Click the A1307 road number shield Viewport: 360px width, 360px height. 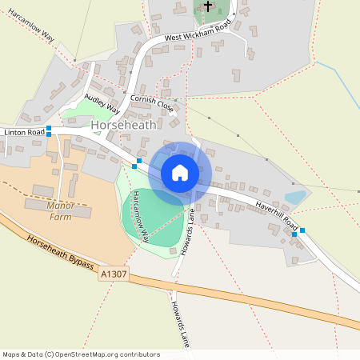[x=114, y=274]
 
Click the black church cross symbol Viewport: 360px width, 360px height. [x=208, y=6]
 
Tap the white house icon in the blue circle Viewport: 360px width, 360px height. [x=180, y=173]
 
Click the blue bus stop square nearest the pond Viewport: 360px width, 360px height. [x=294, y=234]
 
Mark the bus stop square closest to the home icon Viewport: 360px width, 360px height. [x=138, y=162]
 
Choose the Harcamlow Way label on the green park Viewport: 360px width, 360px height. [x=140, y=216]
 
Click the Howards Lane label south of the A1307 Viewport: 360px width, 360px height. [x=179, y=325]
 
